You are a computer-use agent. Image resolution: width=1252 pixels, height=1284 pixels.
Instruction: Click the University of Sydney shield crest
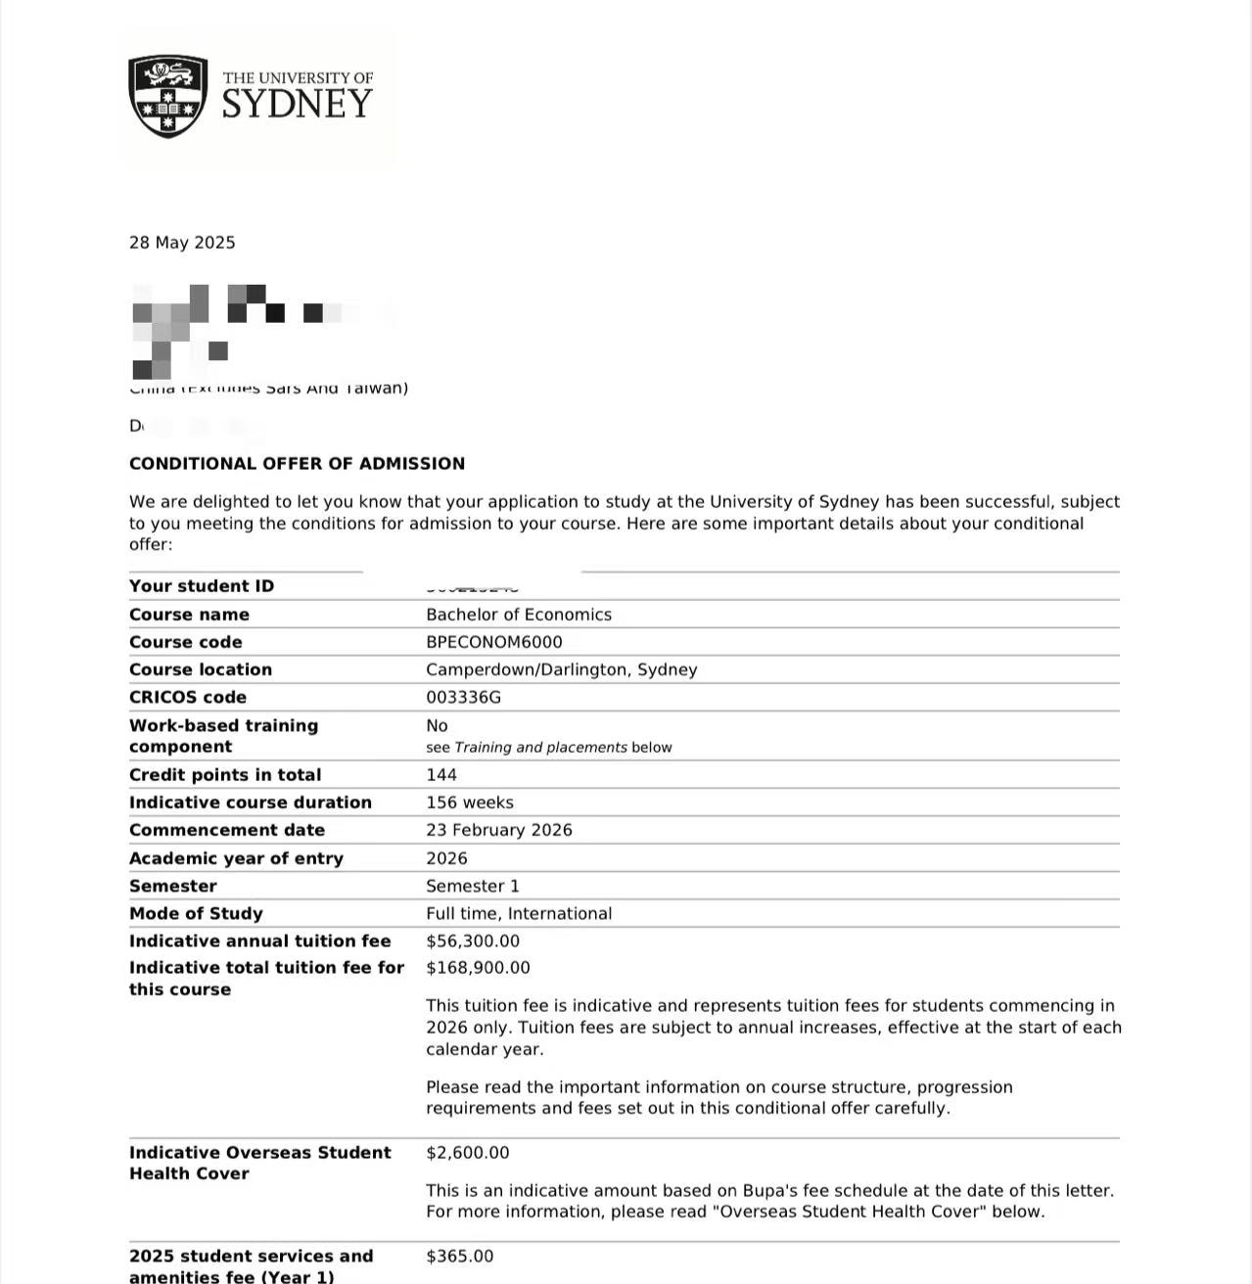pyautogui.click(x=167, y=96)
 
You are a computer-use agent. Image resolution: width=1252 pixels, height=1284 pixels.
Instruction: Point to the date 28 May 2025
pyautogui.click(x=182, y=243)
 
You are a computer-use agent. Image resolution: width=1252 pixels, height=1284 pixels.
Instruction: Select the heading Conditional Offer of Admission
pyautogui.click(x=297, y=464)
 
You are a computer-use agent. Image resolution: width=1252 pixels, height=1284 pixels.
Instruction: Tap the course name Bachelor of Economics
pyautogui.click(x=519, y=615)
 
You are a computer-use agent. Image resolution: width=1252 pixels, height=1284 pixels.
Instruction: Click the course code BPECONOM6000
pyautogui.click(x=494, y=642)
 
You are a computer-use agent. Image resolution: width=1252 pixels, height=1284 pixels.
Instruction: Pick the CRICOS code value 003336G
pyautogui.click(x=463, y=697)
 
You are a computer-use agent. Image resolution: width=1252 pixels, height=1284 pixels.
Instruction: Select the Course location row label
pyautogui.click(x=201, y=669)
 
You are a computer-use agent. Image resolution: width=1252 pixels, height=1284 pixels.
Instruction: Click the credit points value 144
pyautogui.click(x=441, y=774)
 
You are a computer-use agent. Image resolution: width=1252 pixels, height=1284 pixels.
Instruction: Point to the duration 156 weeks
pyautogui.click(x=470, y=802)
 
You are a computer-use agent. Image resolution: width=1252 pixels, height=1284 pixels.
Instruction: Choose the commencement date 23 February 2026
pyautogui.click(x=499, y=830)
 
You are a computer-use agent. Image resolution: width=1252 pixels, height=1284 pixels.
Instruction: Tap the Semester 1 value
pyautogui.click(x=473, y=886)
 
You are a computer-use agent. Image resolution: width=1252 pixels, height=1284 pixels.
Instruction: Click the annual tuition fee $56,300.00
pyautogui.click(x=473, y=940)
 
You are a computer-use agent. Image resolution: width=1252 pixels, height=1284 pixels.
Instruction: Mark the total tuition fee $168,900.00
pyautogui.click(x=478, y=967)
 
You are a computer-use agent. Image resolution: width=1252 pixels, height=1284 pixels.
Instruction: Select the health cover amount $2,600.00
pyautogui.click(x=468, y=1152)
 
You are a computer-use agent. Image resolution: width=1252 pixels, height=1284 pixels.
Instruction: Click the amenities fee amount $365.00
pyautogui.click(x=460, y=1256)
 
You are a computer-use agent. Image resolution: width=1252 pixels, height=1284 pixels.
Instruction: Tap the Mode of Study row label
pyautogui.click(x=196, y=913)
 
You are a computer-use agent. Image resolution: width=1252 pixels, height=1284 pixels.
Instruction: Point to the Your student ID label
pyautogui.click(x=202, y=586)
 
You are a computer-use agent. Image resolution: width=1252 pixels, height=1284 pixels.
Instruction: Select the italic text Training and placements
pyautogui.click(x=540, y=748)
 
